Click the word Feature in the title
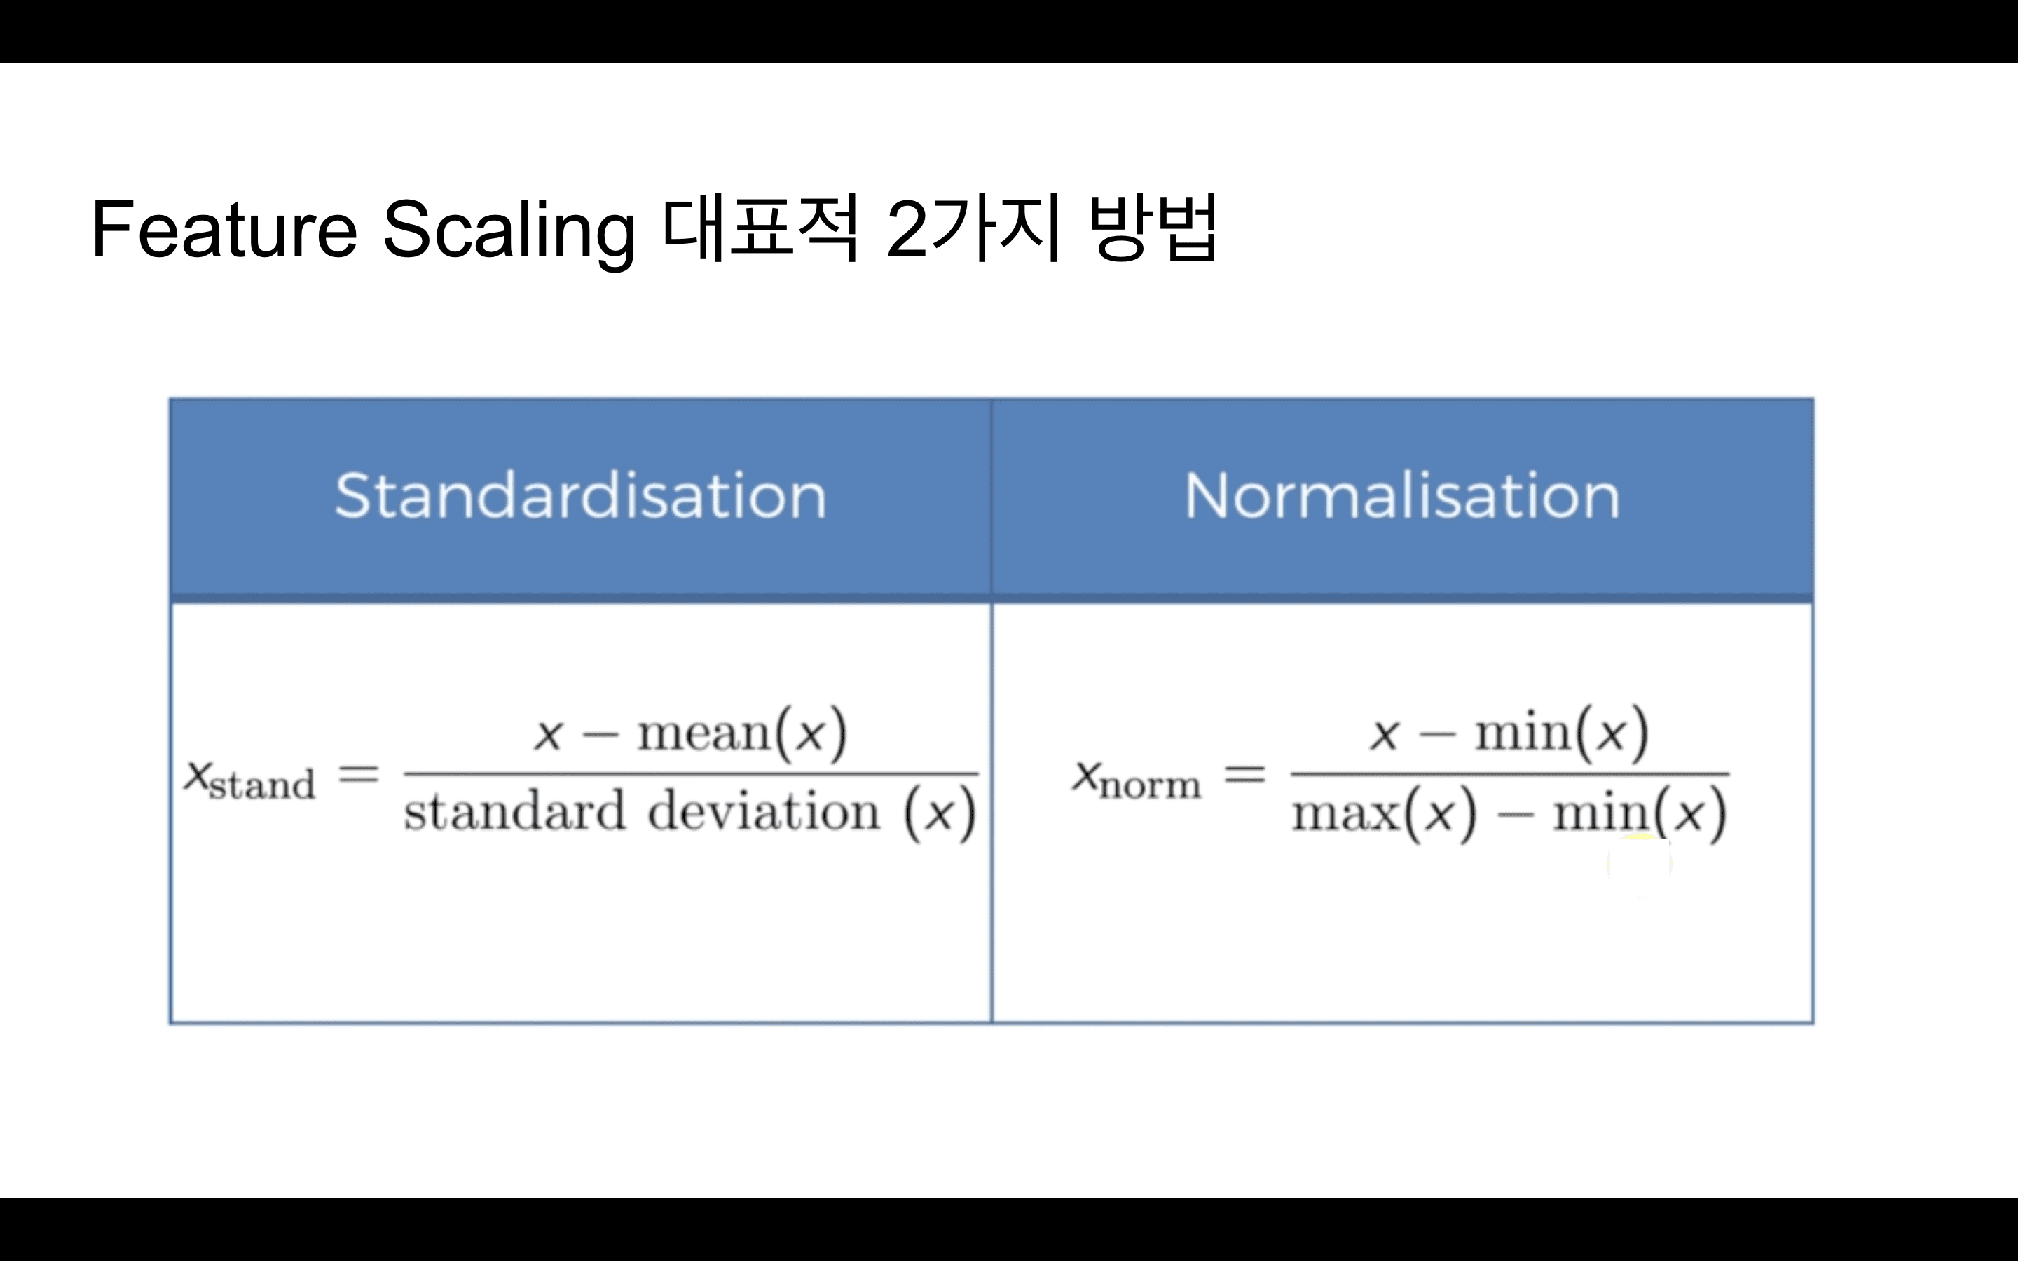[224, 229]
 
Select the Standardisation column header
[580, 496]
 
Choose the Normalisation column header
[1402, 496]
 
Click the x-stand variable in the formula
[249, 780]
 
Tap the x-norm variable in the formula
[1136, 779]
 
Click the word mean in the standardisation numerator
[705, 734]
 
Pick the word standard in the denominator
[514, 811]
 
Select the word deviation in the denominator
[764, 811]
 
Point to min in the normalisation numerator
[1523, 734]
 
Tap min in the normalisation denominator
[1601, 813]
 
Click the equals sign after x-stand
[359, 775]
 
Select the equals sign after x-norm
[1244, 776]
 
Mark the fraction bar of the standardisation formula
[690, 774]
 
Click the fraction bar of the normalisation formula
[1509, 774]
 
